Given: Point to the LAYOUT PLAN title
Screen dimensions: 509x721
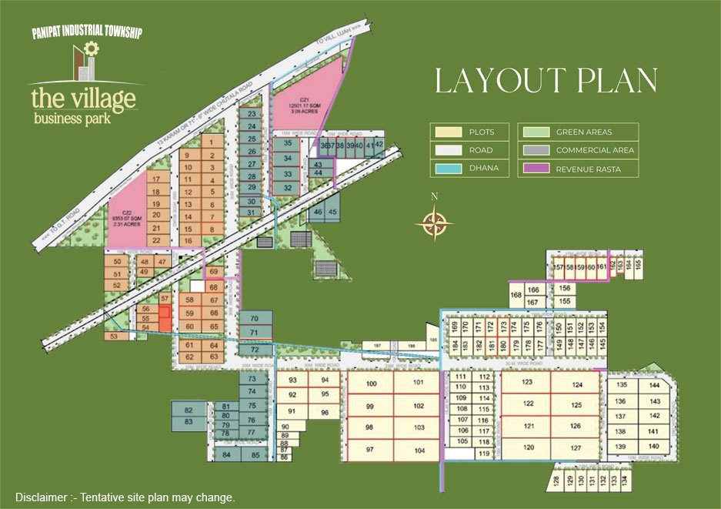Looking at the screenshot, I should [546, 82].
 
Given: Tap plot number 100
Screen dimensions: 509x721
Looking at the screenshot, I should [371, 383].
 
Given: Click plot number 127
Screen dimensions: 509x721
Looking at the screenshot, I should [576, 447].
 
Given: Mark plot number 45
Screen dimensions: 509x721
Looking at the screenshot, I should [332, 212].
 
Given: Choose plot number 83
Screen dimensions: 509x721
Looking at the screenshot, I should [189, 422].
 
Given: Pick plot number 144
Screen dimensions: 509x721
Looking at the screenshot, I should [654, 385].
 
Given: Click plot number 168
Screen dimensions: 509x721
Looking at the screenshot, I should [516, 295].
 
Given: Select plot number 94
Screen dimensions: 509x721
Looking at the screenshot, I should [325, 380].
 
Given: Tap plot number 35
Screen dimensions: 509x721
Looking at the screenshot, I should [287, 144].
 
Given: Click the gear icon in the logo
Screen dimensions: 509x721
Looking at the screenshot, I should [92, 49].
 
